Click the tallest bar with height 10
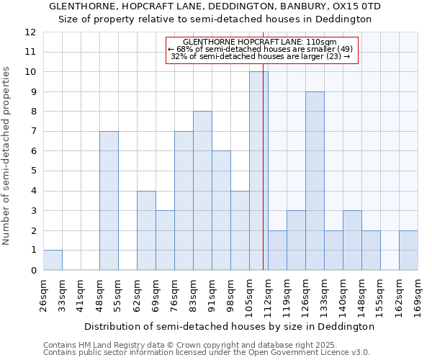point(258,171)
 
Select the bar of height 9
point(315,181)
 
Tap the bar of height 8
point(202,191)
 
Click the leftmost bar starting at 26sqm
point(53,260)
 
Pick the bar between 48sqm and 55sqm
point(109,201)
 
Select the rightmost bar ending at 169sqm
point(408,251)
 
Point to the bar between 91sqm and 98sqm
point(221,210)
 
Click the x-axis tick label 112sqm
point(269,296)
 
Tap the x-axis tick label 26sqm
point(44,296)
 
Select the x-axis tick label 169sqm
point(418,296)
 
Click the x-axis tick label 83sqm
point(194,296)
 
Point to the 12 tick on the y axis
point(30,32)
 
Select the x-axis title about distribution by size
point(229,326)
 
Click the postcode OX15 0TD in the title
point(356,6)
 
